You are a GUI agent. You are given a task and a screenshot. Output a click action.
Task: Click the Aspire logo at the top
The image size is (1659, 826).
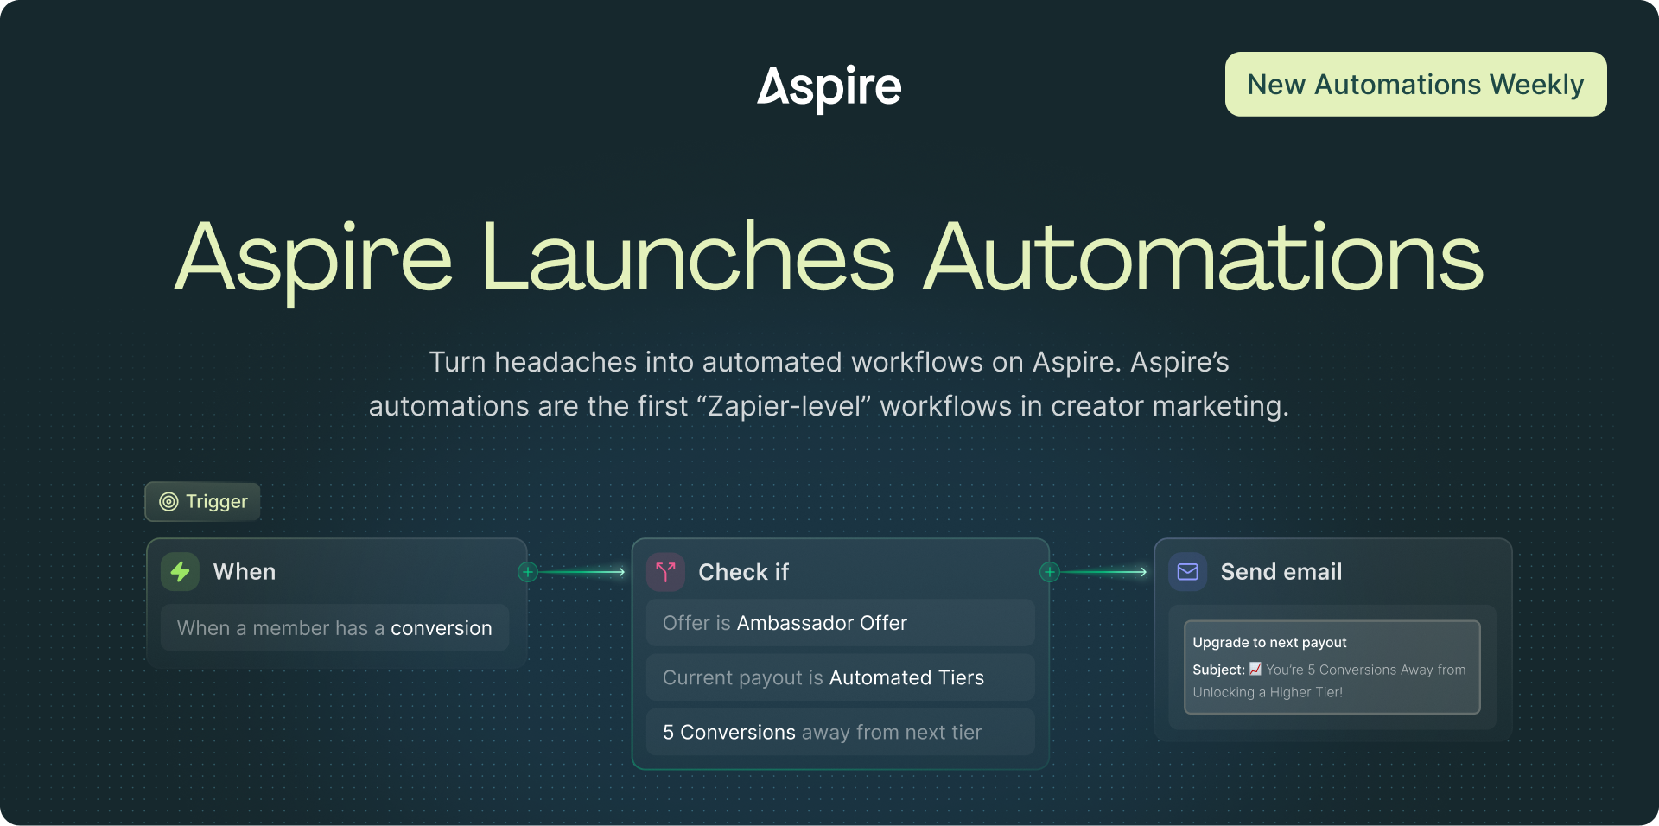click(829, 87)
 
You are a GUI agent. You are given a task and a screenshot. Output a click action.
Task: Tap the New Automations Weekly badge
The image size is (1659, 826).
click(1415, 85)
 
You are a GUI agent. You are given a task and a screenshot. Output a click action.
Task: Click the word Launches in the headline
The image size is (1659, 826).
click(687, 257)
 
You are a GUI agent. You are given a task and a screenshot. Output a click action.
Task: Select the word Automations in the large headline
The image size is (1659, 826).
click(1204, 257)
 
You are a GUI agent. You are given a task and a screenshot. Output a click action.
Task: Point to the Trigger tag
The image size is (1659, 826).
click(203, 502)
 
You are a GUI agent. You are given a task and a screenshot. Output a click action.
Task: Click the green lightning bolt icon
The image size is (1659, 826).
click(180, 572)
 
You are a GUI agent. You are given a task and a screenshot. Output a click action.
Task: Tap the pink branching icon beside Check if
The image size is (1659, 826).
click(665, 572)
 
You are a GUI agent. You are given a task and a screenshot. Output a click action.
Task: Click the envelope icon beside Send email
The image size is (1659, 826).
click(1188, 572)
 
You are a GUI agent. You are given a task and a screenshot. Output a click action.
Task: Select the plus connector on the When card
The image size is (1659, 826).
click(528, 572)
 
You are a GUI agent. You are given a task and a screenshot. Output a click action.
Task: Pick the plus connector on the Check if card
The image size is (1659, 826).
click(1050, 572)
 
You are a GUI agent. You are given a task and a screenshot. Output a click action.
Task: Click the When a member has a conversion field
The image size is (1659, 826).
click(334, 628)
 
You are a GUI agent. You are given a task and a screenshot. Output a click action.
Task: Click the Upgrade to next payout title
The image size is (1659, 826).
click(1269, 643)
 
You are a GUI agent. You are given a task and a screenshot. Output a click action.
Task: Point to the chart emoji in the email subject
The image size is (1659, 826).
click(1255, 669)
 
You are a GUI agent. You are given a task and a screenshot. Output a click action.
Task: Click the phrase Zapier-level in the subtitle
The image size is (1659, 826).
click(785, 406)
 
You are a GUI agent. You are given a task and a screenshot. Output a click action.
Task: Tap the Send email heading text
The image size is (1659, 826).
click(1281, 572)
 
